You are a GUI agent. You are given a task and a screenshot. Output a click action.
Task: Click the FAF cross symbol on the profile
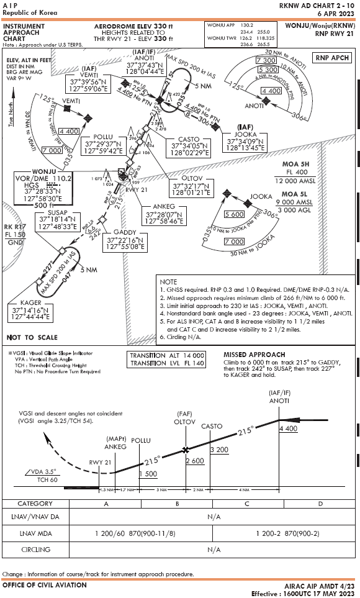tap(185, 450)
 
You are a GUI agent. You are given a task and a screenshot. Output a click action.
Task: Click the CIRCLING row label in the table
tap(36, 550)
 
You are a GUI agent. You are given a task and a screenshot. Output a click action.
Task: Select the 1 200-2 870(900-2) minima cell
tap(282, 533)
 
